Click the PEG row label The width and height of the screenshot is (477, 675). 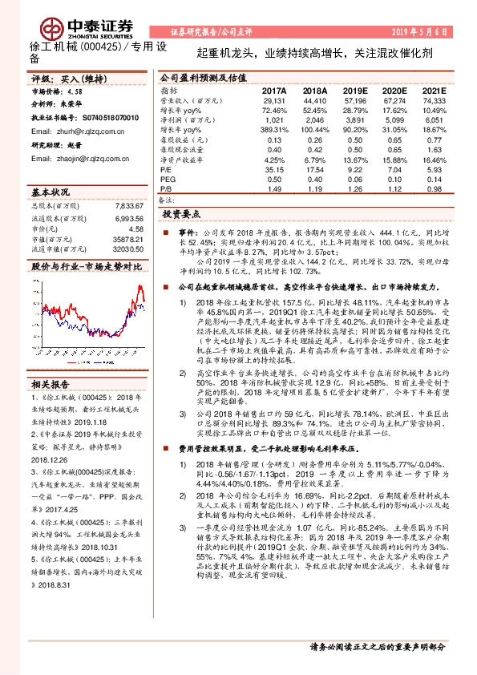click(x=167, y=180)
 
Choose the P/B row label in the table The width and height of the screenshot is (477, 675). click(x=165, y=188)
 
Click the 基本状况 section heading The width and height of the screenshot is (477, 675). click(x=51, y=194)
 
